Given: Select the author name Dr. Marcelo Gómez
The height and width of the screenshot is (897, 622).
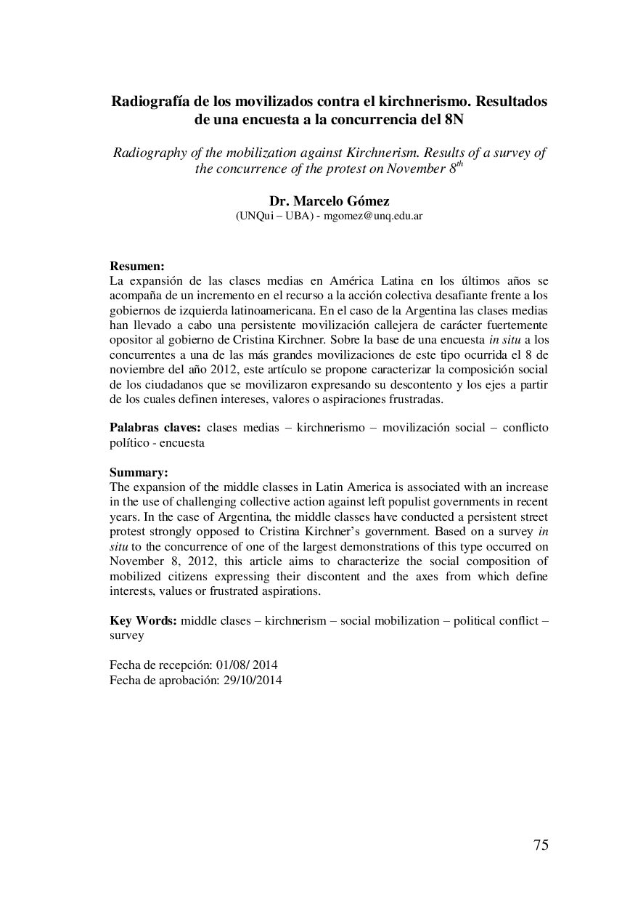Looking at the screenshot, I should click(329, 201).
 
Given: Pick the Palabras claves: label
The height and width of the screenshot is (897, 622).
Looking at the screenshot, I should click(155, 427).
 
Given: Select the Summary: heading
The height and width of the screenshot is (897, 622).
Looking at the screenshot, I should click(139, 473).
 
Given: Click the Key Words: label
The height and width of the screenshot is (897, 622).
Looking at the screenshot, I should click(143, 621).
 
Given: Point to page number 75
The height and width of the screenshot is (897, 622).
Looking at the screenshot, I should click(541, 844).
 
